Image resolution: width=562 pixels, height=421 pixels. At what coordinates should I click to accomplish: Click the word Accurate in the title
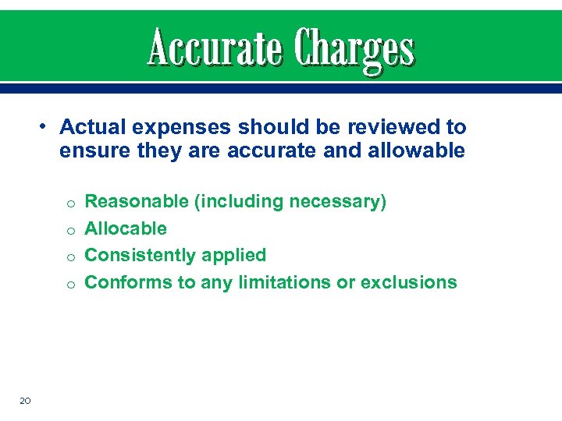[214, 49]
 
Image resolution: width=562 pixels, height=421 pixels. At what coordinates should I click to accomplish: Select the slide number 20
[25, 401]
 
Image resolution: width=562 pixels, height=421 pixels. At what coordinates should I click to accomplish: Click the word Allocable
[126, 228]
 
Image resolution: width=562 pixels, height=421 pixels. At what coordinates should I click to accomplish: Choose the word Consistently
[140, 255]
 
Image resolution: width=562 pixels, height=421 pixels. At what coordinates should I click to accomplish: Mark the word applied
[234, 256]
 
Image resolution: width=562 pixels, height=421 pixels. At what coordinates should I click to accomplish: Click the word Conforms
[129, 281]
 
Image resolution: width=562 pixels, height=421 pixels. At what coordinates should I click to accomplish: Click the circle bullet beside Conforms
[69, 284]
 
